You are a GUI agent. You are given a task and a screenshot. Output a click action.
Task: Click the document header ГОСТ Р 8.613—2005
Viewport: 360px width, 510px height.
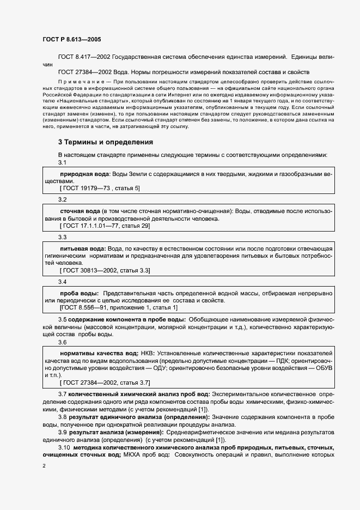tap(71, 39)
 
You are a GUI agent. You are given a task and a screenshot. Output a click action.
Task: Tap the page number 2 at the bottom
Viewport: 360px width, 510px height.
tap(44, 466)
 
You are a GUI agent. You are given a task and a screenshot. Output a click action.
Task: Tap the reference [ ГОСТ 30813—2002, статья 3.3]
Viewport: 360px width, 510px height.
tap(105, 270)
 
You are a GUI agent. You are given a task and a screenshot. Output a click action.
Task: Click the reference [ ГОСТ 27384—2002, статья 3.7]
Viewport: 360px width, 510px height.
tap(105, 382)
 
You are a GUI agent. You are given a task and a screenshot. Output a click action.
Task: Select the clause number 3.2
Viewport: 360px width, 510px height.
tap(62, 200)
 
